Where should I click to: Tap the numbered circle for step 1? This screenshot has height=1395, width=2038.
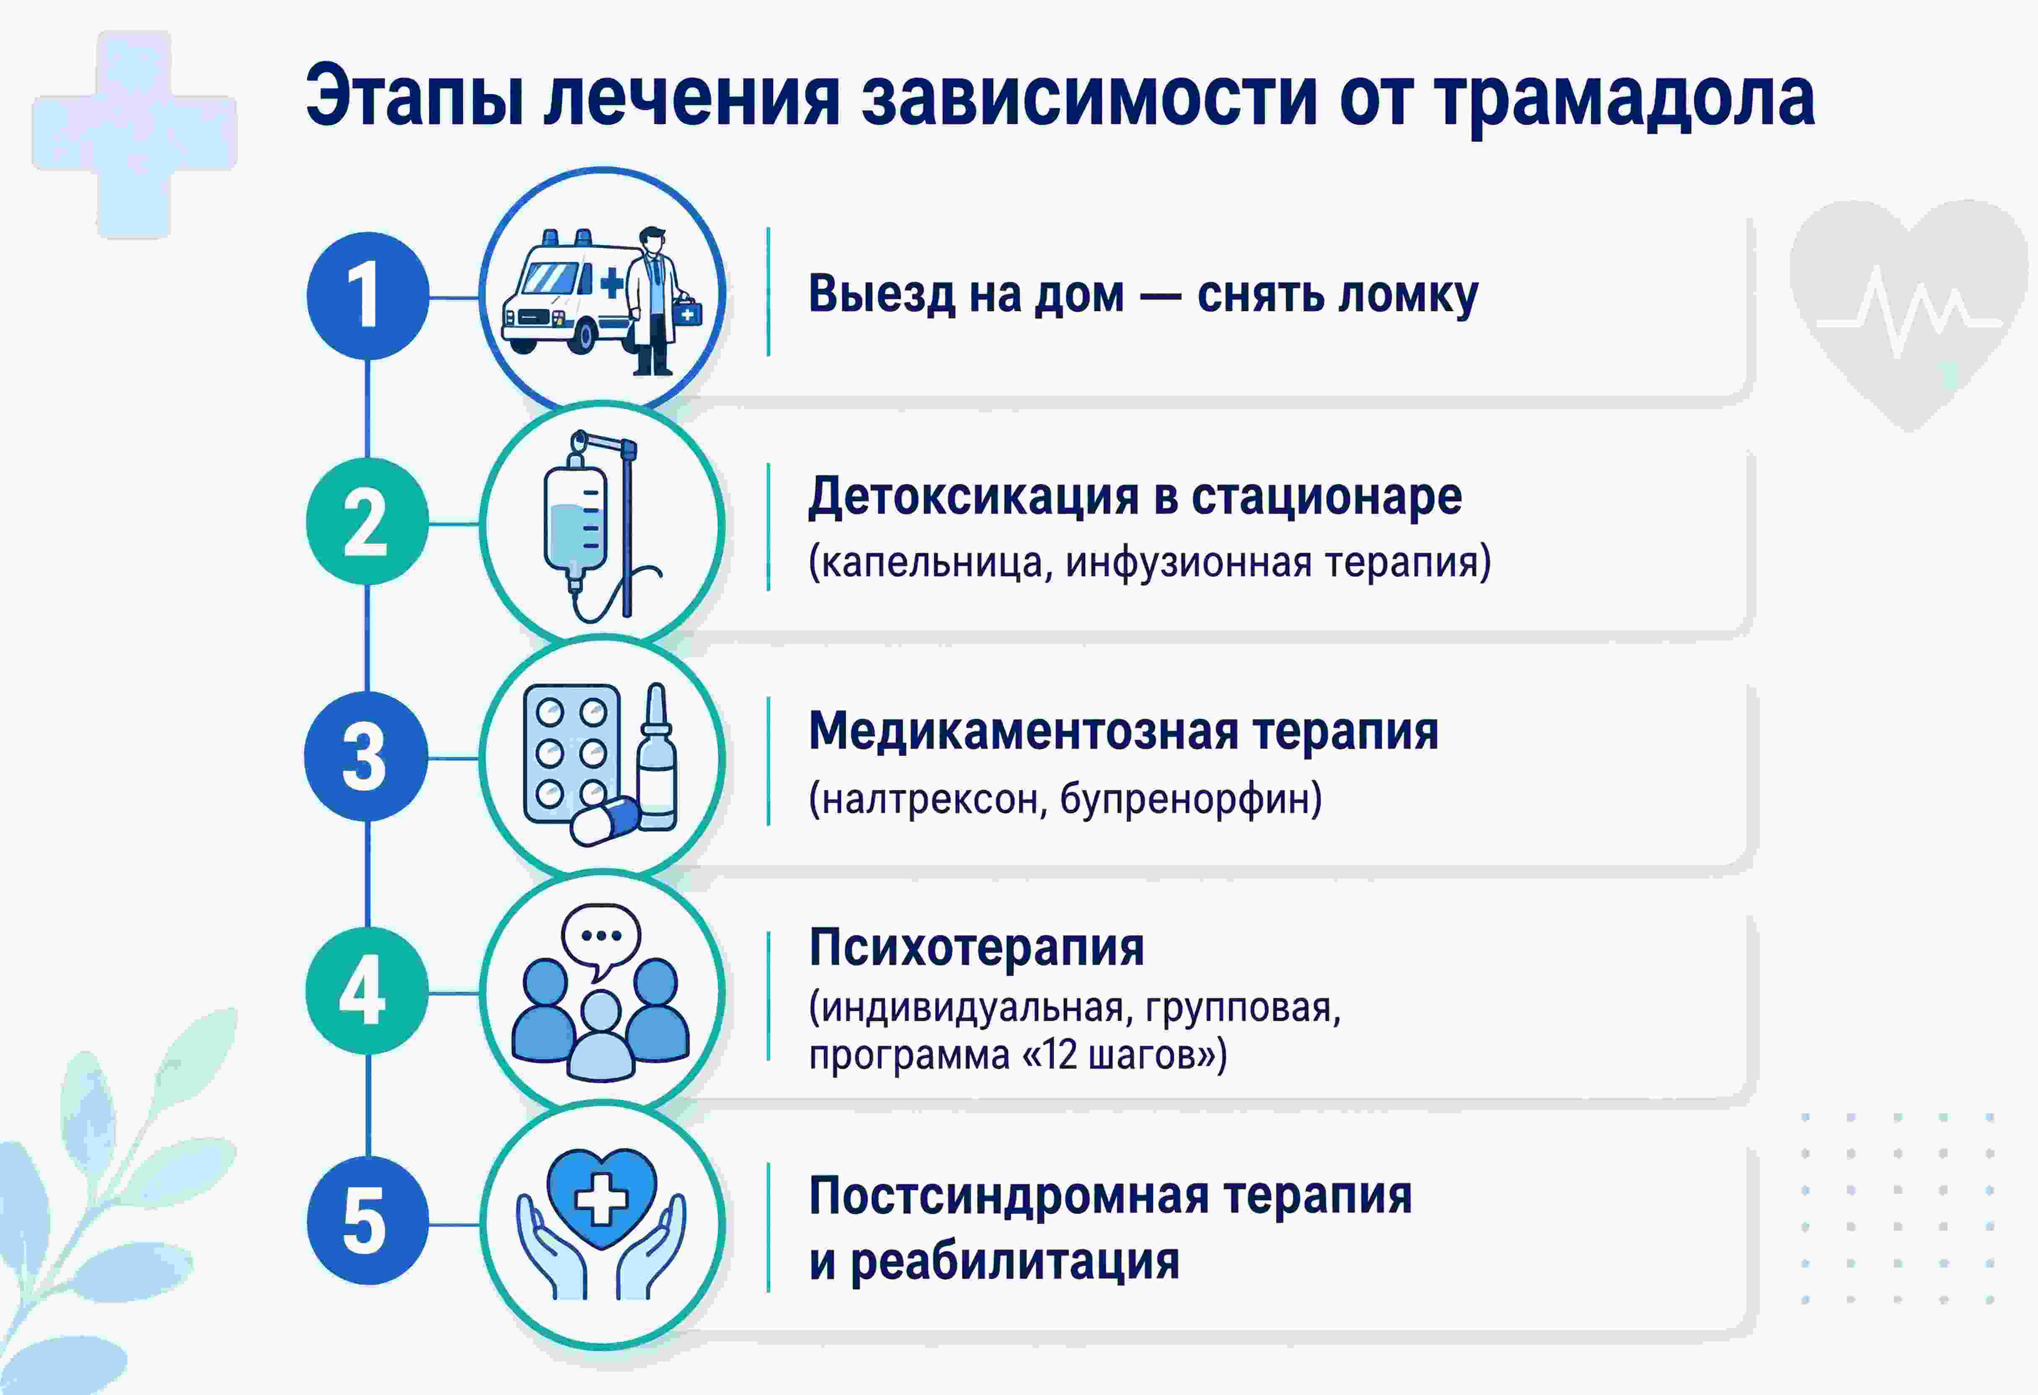click(367, 296)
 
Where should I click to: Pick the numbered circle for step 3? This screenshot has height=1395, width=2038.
click(366, 756)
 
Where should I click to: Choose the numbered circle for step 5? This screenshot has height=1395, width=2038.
click(367, 1221)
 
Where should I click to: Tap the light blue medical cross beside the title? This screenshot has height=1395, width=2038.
click(134, 134)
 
